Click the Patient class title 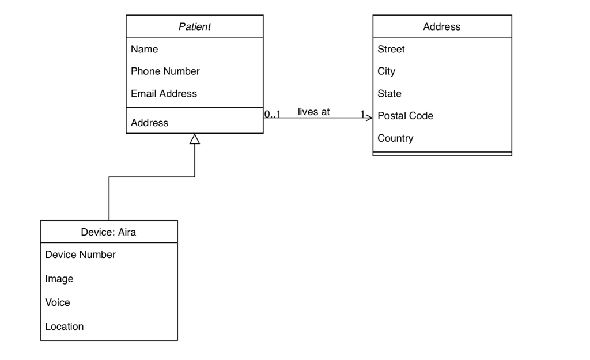(195, 26)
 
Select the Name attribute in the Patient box (145, 50)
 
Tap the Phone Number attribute (165, 71)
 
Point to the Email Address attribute (164, 93)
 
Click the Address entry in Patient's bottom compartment (150, 123)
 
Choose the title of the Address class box (441, 26)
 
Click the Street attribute (391, 50)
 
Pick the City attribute (386, 71)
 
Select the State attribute (389, 93)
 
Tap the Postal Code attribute (405, 116)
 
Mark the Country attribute (395, 138)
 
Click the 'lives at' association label (313, 112)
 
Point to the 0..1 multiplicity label (273, 113)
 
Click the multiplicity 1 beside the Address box (362, 113)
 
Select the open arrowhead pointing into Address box (369, 118)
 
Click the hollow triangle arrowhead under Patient (195, 139)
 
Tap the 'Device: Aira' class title (109, 232)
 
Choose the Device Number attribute (80, 255)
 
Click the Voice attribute (58, 302)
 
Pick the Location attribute (65, 327)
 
